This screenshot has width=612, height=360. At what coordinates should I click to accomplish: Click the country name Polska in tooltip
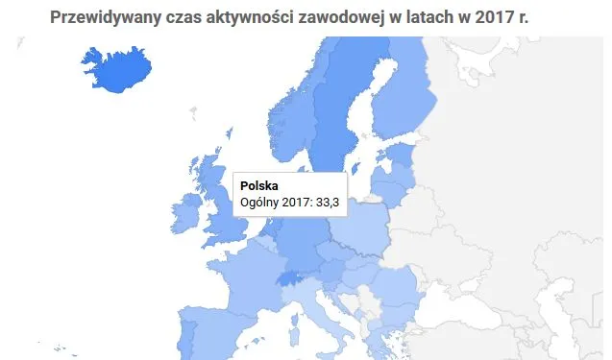point(258,185)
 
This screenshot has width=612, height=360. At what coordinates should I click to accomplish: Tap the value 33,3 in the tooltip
point(328,202)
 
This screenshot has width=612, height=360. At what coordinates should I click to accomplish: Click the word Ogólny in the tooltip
point(261,202)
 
